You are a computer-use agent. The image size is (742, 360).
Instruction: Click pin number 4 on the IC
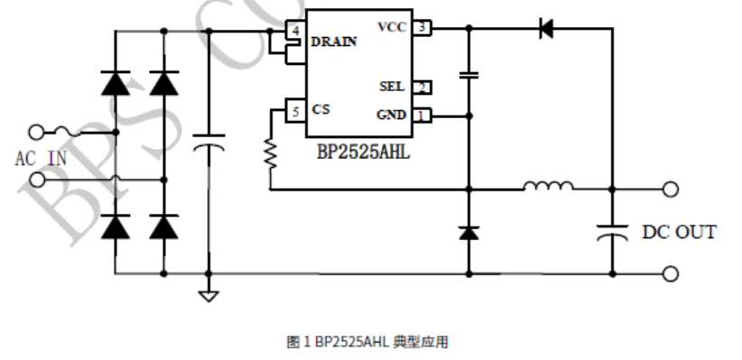(x=295, y=31)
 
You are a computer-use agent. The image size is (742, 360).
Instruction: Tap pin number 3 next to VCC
(x=422, y=28)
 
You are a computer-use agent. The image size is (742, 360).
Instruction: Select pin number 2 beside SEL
(x=422, y=88)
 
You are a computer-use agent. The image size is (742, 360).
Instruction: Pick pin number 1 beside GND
(x=422, y=115)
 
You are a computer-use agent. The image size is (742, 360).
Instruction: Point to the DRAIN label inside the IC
(x=334, y=42)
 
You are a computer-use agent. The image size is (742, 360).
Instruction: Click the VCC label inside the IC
(x=392, y=27)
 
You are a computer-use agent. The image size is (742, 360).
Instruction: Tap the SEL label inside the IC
(x=393, y=87)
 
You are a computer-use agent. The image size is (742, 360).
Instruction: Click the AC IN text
(x=41, y=159)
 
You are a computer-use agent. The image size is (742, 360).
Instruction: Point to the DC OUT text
(x=679, y=232)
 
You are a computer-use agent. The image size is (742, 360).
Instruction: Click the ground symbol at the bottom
(x=209, y=294)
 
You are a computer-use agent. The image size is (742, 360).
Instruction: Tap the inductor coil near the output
(x=547, y=188)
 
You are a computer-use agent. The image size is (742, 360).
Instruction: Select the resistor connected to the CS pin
(x=270, y=152)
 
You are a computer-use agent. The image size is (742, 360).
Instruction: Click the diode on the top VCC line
(x=545, y=28)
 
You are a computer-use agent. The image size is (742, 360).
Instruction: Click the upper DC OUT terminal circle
(x=670, y=189)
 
